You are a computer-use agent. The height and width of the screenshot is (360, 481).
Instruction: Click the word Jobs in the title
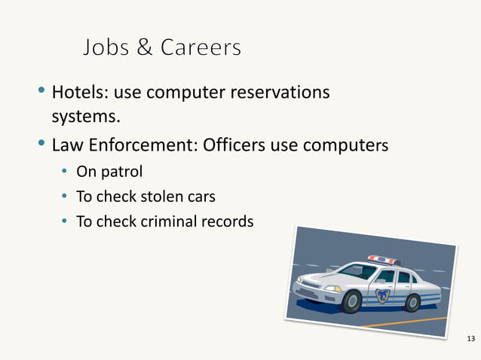tap(106, 48)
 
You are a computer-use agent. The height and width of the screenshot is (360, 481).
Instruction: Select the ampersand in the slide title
tap(144, 48)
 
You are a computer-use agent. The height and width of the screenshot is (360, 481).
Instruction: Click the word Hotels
tap(77, 93)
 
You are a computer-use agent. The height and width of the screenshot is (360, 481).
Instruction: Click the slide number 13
tap(472, 336)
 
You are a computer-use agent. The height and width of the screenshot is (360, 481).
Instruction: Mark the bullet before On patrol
tap(66, 172)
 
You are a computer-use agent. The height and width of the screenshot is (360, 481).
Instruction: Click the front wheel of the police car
tap(351, 302)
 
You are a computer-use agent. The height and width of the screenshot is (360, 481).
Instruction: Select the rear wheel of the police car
tap(412, 302)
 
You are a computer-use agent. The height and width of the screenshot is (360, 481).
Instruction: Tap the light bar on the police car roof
tap(383, 261)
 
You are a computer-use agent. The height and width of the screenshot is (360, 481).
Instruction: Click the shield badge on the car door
tap(382, 294)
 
